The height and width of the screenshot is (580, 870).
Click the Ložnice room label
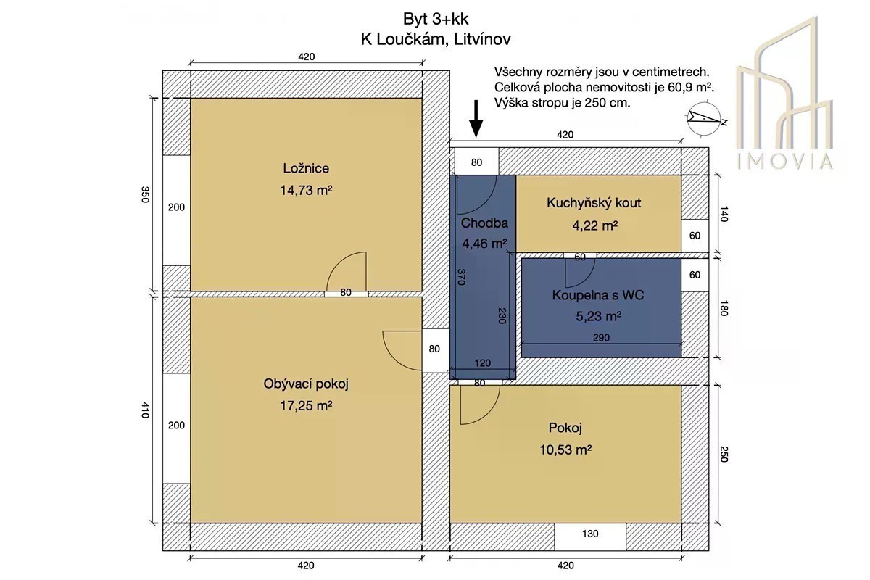(306, 168)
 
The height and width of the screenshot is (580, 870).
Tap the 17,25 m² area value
(306, 406)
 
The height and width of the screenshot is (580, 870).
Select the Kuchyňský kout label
(594, 203)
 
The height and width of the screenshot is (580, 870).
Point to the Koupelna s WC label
(598, 295)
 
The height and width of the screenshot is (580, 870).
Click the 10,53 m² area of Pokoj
(565, 449)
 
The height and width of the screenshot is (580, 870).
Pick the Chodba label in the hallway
(484, 223)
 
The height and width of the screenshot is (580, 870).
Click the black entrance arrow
(476, 119)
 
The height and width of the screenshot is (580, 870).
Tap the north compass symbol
(705, 119)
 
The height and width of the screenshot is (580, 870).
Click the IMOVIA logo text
(784, 161)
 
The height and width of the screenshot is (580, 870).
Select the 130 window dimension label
(590, 534)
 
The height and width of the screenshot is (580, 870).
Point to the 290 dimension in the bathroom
(601, 338)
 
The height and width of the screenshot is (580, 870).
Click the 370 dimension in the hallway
(461, 277)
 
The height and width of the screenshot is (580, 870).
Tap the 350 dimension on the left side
(145, 194)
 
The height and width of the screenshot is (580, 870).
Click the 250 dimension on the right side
(724, 454)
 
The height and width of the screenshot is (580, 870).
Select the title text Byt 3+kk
(436, 19)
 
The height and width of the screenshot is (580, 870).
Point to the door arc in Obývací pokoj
(394, 356)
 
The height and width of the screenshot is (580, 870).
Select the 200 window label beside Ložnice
(176, 207)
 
